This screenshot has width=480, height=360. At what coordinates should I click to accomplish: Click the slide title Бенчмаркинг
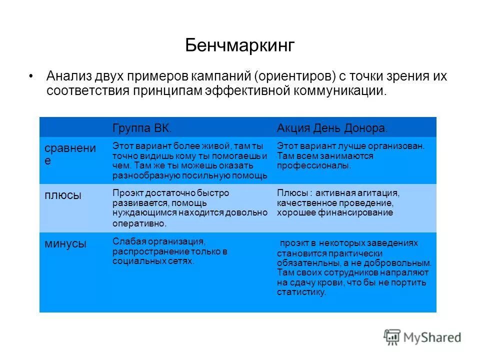point(240,45)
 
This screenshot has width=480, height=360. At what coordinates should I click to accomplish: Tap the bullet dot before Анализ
point(31,76)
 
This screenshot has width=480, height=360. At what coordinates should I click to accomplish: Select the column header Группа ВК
point(141,128)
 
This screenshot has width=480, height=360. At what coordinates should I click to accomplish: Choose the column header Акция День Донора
point(331,128)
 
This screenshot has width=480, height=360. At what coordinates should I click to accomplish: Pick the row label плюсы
point(63,195)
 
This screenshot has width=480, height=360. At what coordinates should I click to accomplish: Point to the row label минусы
point(65,243)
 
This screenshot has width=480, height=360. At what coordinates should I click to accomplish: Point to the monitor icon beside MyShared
point(392,337)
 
